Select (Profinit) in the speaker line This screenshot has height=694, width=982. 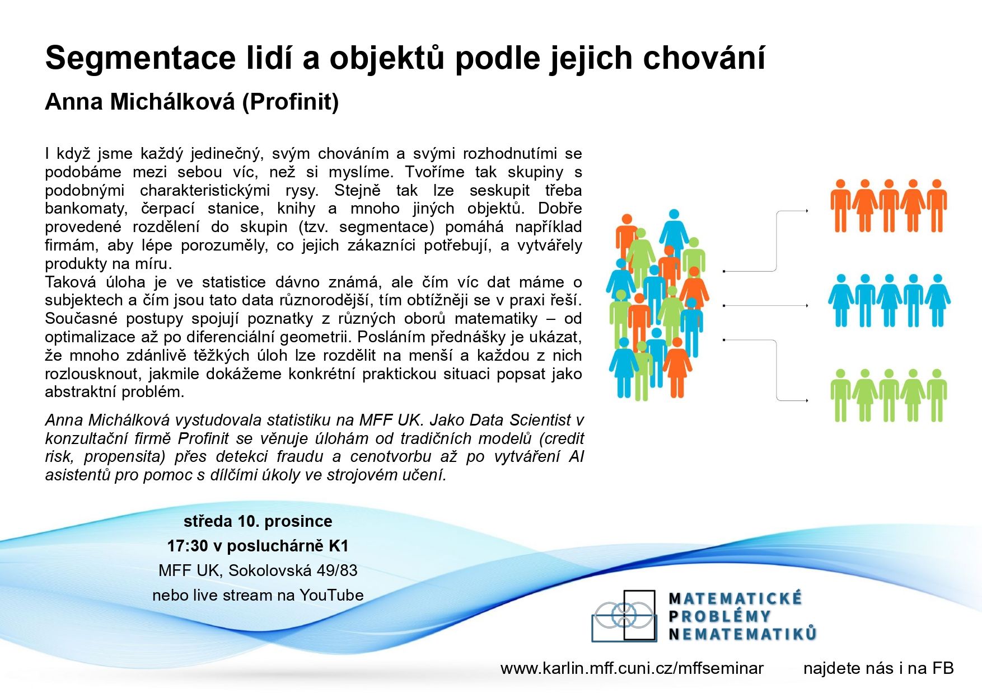click(x=291, y=102)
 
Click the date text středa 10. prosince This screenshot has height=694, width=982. click(x=258, y=521)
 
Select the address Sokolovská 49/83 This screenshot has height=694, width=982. click(x=293, y=570)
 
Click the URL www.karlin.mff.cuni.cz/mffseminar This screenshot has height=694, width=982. click(x=632, y=668)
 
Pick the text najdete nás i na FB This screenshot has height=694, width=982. click(x=878, y=668)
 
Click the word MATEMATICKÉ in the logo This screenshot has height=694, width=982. click(x=736, y=599)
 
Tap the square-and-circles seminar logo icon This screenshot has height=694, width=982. click(x=624, y=616)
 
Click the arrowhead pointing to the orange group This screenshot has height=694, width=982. click(x=806, y=211)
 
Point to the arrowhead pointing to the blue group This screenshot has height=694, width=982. click(x=806, y=306)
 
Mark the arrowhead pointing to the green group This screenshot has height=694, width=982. click(x=806, y=400)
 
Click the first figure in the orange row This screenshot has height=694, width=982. click(x=840, y=206)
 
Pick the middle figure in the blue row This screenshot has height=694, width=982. click(x=889, y=301)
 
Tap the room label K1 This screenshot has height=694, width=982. click(x=339, y=546)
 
